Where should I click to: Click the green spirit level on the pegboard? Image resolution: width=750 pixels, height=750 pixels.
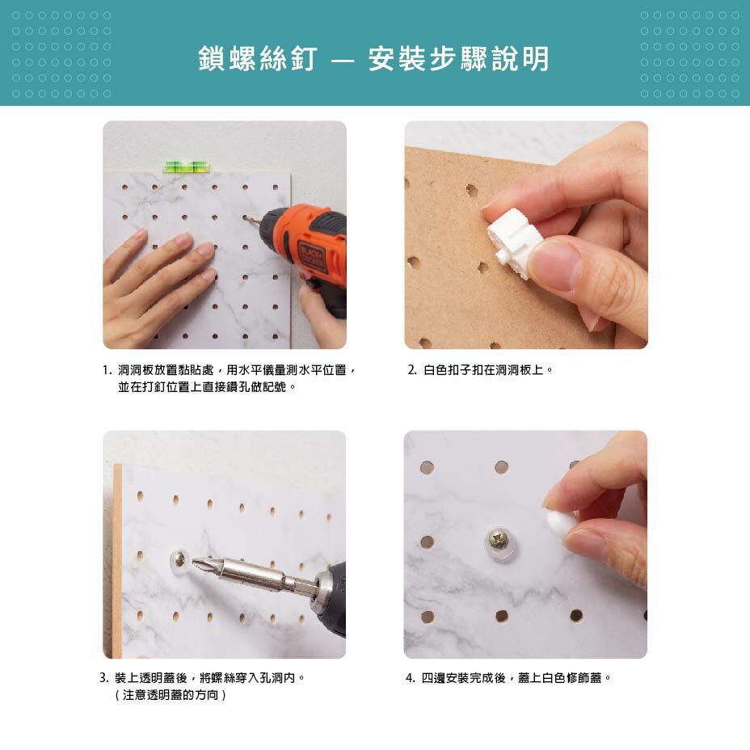coord(187,167)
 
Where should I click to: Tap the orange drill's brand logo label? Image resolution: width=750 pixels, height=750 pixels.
coord(311,256)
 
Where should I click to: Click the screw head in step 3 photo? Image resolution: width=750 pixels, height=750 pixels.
coord(181,558)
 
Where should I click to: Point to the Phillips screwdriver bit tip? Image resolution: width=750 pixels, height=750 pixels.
coord(195,562)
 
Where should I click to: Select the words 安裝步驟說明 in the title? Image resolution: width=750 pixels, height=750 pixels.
coord(459,59)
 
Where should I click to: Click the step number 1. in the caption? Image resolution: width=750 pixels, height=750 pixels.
coord(107,370)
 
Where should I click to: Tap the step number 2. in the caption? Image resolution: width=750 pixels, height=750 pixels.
coord(412,370)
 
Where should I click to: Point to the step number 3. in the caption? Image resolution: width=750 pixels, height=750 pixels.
coord(104,678)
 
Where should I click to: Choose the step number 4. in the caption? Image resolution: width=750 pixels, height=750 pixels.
coord(411,678)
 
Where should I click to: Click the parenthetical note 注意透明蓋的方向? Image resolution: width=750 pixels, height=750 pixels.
coord(171,695)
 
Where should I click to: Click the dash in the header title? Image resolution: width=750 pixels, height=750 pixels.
coord(343,61)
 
